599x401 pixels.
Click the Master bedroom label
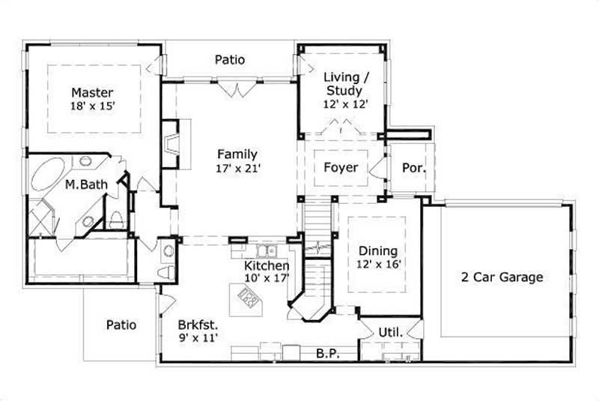pos(93,92)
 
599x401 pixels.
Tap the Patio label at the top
pos(230,59)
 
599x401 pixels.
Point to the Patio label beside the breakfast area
pos(121,325)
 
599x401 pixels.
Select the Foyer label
pos(341,167)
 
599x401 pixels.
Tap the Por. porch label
pos(414,167)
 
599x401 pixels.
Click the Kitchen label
pos(267,265)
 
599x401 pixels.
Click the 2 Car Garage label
pos(501,277)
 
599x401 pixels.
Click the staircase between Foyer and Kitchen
pos(317,217)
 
